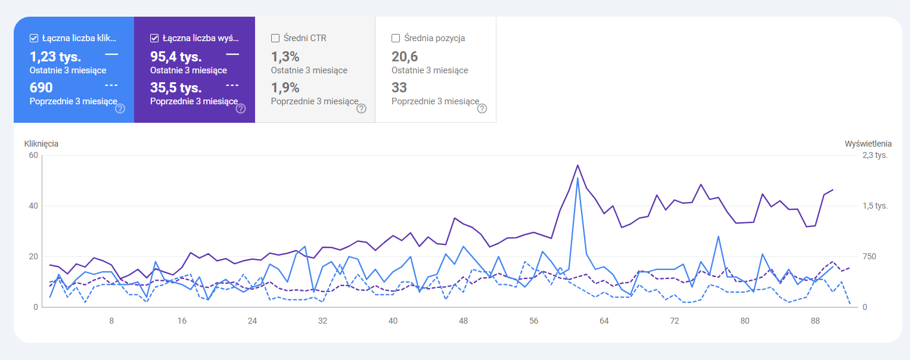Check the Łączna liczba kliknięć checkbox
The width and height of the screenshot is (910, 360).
click(34, 38)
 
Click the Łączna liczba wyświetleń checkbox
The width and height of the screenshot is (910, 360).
click(154, 38)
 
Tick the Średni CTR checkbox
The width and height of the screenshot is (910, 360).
click(275, 38)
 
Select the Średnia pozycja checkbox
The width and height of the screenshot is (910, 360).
click(396, 38)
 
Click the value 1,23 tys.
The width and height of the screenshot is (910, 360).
click(55, 57)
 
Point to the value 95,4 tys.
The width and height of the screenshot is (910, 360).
click(176, 57)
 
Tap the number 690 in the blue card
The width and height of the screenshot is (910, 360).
click(41, 88)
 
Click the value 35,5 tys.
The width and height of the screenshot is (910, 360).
click(176, 88)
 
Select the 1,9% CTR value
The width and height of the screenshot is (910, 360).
click(285, 88)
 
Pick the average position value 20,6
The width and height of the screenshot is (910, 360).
click(405, 57)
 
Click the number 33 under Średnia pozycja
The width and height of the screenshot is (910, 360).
click(399, 88)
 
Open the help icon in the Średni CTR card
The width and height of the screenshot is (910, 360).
click(361, 108)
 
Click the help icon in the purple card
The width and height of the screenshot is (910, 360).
click(241, 108)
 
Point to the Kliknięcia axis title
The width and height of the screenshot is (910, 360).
click(41, 144)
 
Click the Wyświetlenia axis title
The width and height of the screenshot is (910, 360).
click(868, 144)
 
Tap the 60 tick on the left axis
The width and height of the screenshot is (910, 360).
click(33, 155)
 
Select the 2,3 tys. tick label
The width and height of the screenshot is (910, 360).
click(875, 155)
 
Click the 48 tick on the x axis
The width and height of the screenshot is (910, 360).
click(463, 321)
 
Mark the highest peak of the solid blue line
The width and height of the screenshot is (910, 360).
click(577, 178)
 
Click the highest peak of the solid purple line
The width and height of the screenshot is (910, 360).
click(577, 165)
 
